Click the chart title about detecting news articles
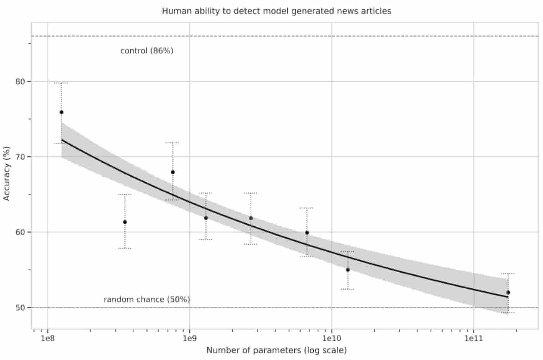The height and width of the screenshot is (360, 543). click(276, 11)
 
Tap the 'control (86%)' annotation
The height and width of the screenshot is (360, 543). click(147, 51)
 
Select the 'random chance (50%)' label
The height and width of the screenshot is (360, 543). click(147, 300)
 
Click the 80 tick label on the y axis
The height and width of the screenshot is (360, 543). click(20, 81)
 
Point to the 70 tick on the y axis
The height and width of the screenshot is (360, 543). click(20, 157)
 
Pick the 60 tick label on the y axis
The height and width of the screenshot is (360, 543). click(20, 232)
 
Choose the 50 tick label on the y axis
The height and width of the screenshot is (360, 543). click(20, 308)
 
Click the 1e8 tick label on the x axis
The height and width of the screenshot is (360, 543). click(47, 339)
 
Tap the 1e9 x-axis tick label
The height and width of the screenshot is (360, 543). click(189, 339)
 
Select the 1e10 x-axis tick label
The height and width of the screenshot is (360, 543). click(331, 339)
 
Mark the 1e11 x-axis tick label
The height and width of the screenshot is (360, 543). click(474, 339)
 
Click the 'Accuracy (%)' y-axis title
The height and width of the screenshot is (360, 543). click(7, 174)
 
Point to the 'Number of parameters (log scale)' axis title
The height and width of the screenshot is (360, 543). click(276, 350)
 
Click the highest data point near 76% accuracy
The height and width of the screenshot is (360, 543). click(61, 112)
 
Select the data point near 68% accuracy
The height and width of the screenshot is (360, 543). click(173, 172)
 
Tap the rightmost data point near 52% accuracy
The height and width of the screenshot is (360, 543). click(508, 293)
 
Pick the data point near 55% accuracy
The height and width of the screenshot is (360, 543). click(348, 270)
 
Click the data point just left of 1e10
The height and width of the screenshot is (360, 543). click(307, 233)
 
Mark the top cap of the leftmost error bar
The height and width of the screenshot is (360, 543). click(61, 83)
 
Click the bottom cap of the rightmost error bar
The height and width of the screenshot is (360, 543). click(508, 313)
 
